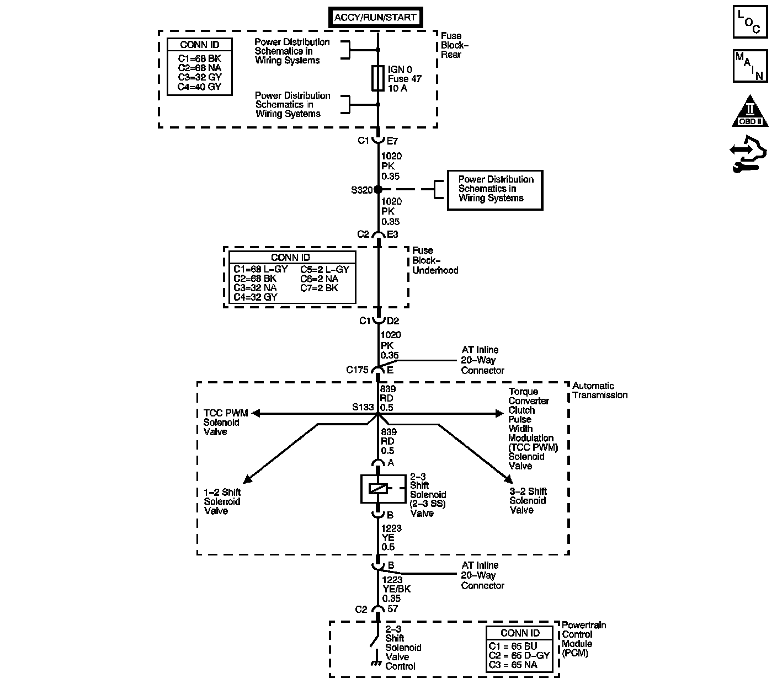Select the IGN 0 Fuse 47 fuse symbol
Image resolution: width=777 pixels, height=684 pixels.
pos(378,78)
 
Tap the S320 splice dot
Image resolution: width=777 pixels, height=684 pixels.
pos(378,189)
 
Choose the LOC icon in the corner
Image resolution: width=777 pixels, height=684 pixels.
pos(750,22)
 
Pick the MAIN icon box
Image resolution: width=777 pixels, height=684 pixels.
pos(750,66)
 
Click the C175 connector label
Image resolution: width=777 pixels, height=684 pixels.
pos(357,370)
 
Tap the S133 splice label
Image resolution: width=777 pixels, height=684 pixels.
pos(363,408)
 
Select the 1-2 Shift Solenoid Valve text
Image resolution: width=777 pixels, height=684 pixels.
pos(222,501)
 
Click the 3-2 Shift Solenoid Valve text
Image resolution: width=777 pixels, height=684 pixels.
pos(528,501)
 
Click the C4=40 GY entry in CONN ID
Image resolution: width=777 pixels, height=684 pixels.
pos(199,87)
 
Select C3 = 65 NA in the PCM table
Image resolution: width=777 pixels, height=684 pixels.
pos(513,665)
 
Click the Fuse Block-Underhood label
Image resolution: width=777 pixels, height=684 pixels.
pos(435,260)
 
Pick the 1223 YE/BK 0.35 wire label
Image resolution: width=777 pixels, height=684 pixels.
pos(396,589)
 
